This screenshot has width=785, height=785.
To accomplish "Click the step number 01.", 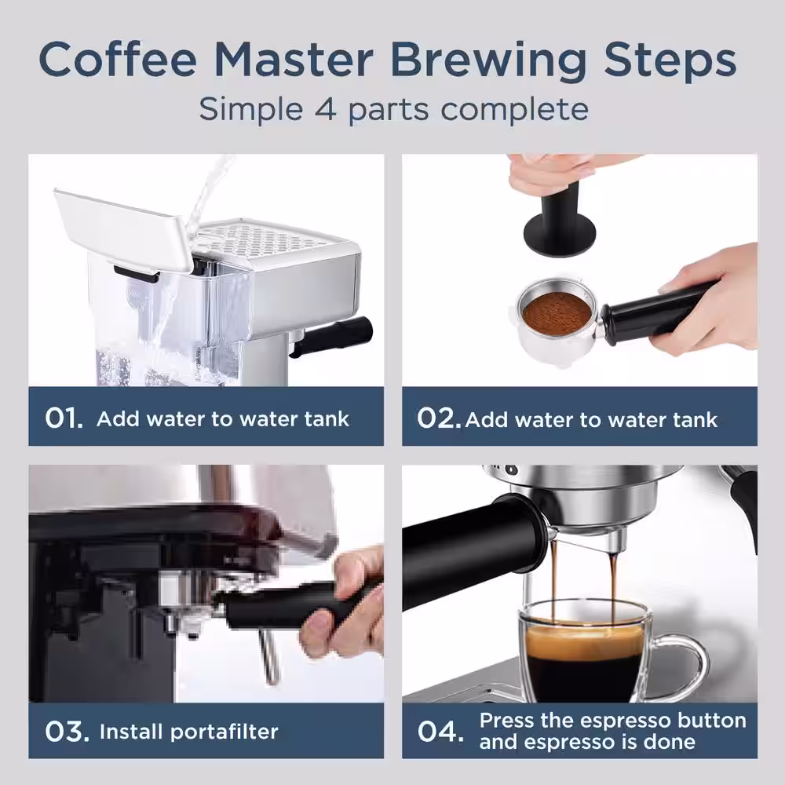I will (x=63, y=418).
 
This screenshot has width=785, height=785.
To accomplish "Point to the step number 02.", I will (x=439, y=418).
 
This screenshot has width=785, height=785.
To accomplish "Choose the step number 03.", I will (x=65, y=732).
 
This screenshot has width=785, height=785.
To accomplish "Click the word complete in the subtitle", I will (x=514, y=108).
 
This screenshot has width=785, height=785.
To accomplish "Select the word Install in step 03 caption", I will (x=130, y=732).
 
